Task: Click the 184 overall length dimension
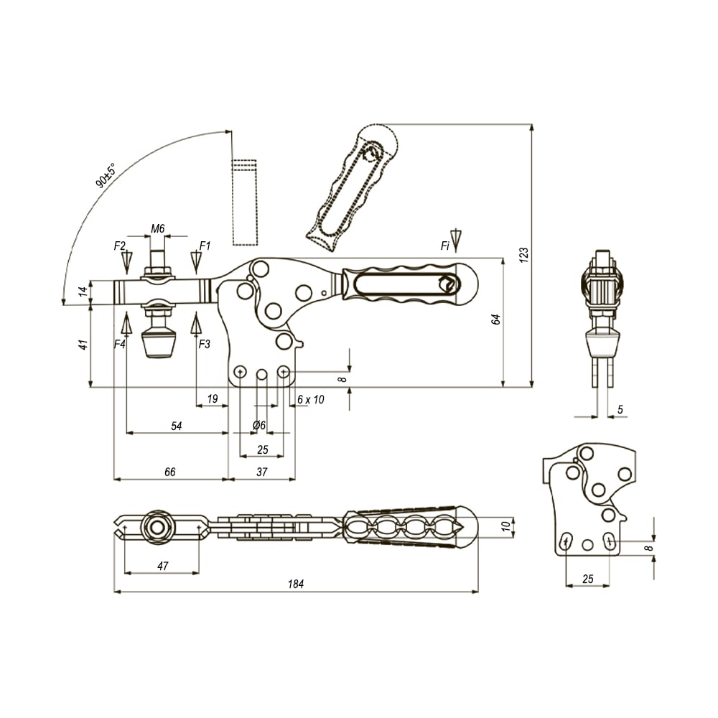tap(296, 584)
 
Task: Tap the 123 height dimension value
tap(524, 255)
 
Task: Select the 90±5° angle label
tap(106, 175)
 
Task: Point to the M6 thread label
tap(157, 228)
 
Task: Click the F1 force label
tap(205, 246)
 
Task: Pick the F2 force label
tap(119, 246)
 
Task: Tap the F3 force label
tap(204, 344)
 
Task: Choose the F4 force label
tap(119, 344)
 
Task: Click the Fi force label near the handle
tap(445, 246)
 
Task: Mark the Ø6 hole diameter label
tap(259, 425)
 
